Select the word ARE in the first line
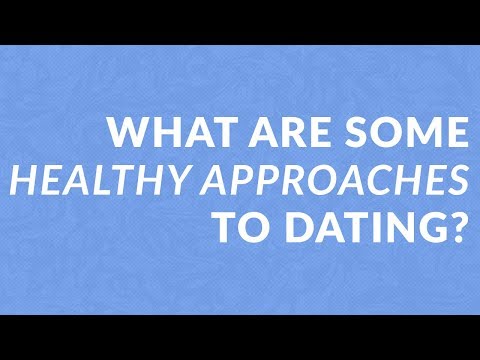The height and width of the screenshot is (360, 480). (268, 132)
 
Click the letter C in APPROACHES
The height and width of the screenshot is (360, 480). (376, 179)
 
